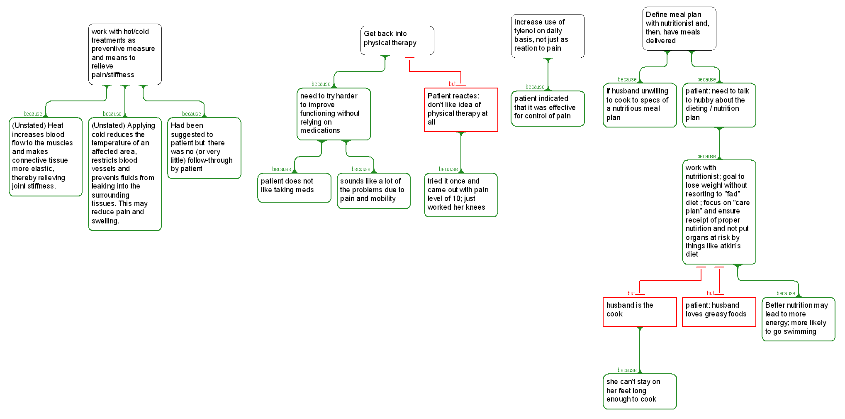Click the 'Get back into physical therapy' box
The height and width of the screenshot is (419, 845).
coord(397,40)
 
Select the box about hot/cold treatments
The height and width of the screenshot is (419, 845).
coord(125,54)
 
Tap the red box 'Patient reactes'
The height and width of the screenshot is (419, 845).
coord(461,110)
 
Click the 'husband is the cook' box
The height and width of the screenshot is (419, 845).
coord(640,311)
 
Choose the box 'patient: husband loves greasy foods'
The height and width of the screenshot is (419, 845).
coord(719,311)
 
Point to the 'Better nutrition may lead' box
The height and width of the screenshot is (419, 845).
coord(798,319)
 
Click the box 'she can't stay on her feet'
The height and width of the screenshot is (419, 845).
coord(640,391)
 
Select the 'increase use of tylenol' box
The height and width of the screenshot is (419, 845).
coord(548,36)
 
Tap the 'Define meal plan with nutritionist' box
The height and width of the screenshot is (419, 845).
coord(679,29)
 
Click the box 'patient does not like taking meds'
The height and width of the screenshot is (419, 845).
coord(294,188)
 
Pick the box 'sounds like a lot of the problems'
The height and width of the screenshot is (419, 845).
coord(373,191)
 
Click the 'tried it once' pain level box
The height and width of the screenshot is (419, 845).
coord(461,195)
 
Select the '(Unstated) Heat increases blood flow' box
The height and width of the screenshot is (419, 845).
coord(46,157)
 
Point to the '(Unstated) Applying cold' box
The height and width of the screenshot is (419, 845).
coord(125,174)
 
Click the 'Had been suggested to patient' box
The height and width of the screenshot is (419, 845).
coord(204,148)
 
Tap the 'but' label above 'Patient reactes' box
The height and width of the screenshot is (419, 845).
coord(452,84)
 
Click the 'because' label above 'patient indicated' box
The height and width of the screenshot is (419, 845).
coord(535,87)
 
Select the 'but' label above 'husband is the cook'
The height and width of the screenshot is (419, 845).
coord(631,293)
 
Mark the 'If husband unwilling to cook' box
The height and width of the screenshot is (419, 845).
coord(640,105)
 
